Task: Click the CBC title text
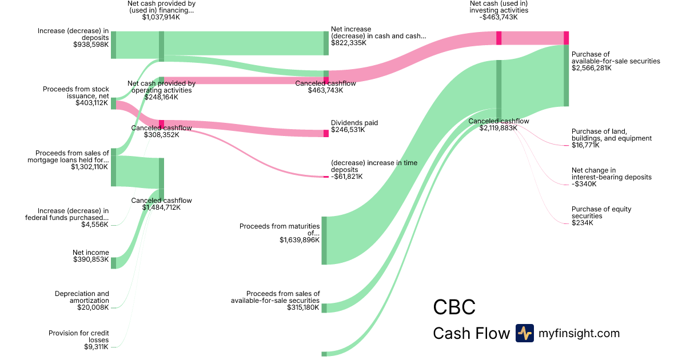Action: click(454, 307)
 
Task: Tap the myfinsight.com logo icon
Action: click(524, 333)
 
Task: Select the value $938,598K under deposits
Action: click(91, 45)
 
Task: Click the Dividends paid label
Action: click(354, 123)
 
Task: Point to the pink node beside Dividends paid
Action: click(326, 133)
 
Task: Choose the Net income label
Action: click(90, 253)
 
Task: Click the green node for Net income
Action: click(113, 263)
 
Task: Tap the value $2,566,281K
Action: click(591, 68)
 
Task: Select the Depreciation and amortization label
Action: click(82, 297)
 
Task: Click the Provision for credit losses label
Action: click(79, 337)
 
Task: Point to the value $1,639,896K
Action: click(300, 240)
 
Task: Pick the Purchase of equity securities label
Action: click(601, 213)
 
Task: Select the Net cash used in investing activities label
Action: click(498, 7)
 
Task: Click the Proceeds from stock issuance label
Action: click(76, 93)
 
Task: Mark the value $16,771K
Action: click(585, 145)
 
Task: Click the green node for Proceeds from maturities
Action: click(324, 241)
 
